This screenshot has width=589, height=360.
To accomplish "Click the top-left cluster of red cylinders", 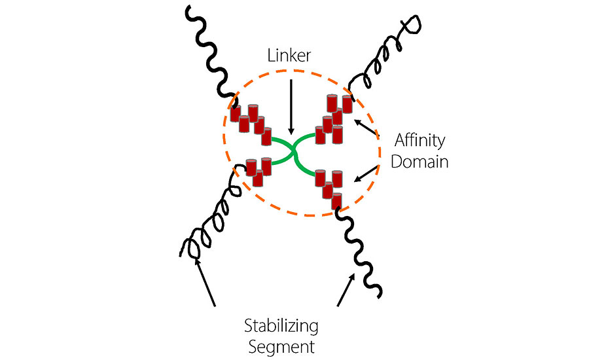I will click(251, 123).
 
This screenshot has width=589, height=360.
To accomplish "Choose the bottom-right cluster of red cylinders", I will click(330, 186).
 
